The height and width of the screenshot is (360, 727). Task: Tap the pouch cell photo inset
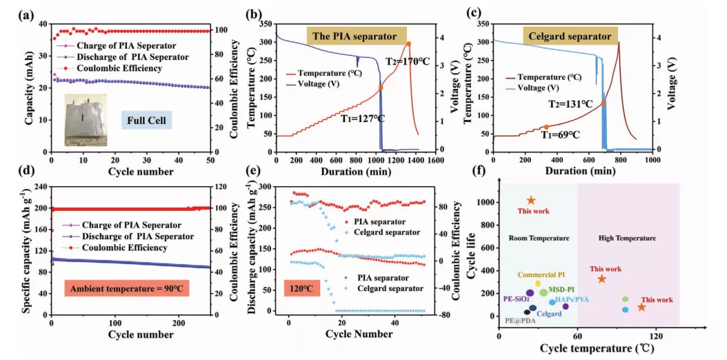[x=86, y=120]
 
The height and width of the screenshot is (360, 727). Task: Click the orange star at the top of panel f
[x=531, y=201]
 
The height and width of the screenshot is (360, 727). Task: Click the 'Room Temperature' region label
[x=539, y=238]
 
